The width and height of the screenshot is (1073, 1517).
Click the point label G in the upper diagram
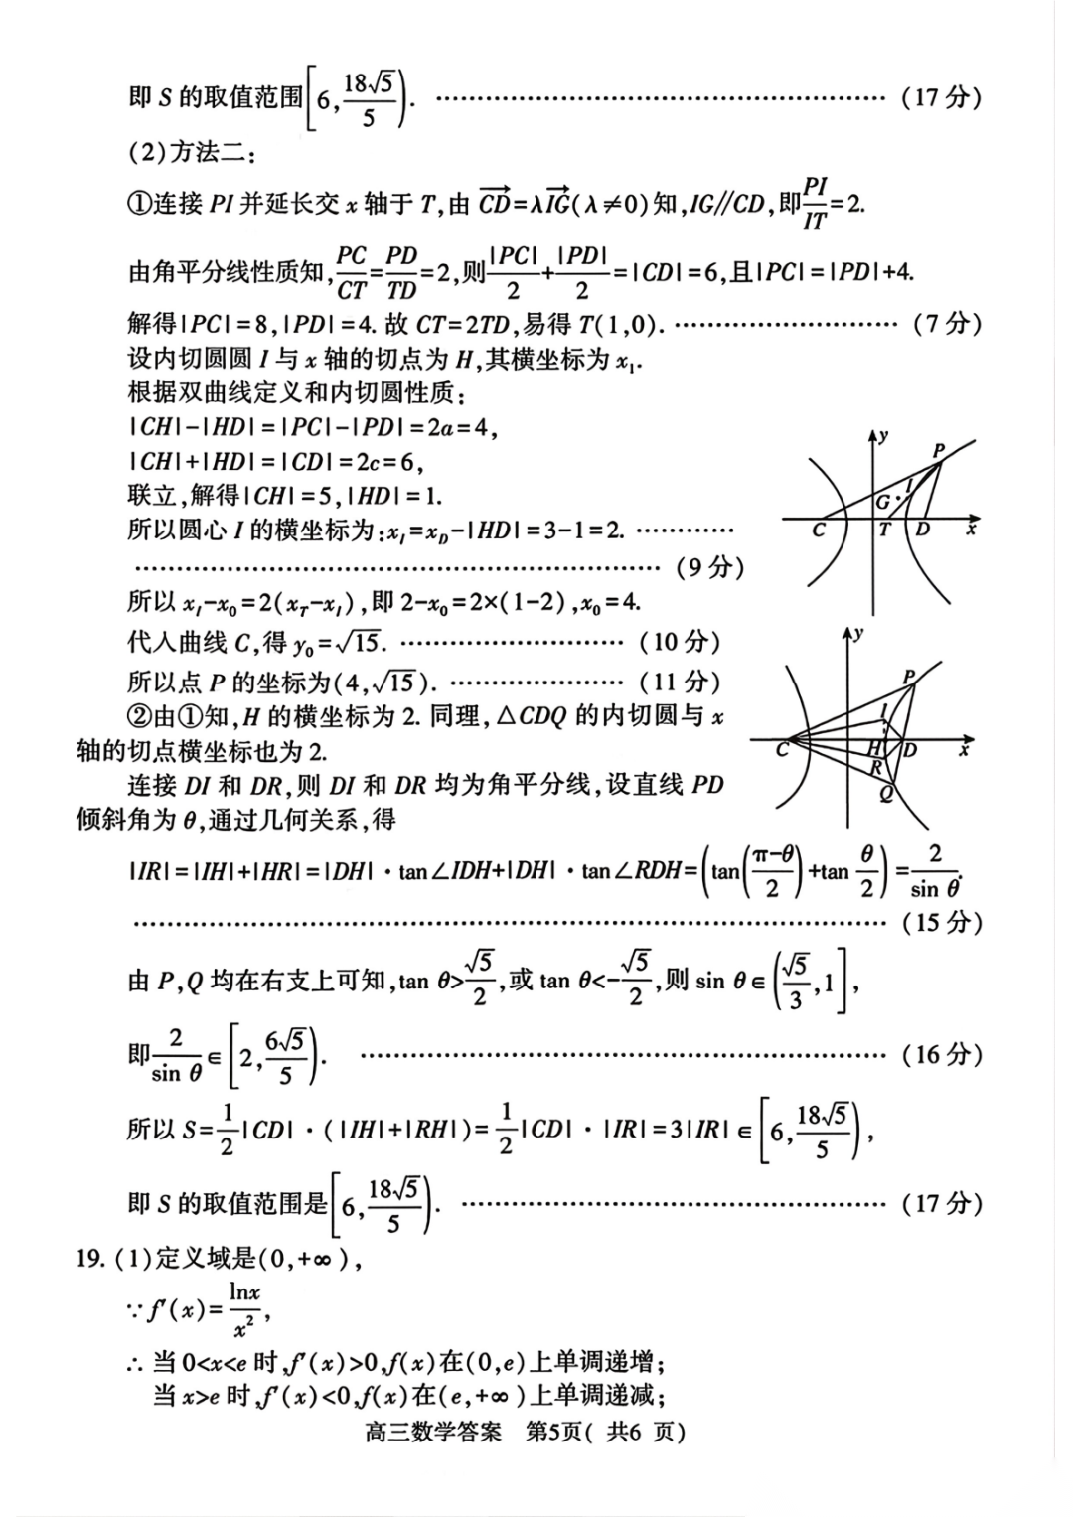click(x=882, y=503)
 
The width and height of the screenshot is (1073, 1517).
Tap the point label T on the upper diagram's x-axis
click(x=884, y=530)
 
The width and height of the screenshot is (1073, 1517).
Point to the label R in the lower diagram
click(x=876, y=767)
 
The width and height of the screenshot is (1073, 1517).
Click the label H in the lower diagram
click(x=875, y=746)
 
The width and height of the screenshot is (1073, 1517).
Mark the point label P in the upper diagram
click(x=938, y=451)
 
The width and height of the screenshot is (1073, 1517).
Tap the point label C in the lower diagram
click(x=782, y=749)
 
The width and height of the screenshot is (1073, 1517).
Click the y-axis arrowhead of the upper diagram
click(x=873, y=434)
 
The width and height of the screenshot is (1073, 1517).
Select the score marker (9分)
click(x=709, y=567)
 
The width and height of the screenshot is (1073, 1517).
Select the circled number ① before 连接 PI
click(x=139, y=205)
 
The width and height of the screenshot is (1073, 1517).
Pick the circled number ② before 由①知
click(x=139, y=716)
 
